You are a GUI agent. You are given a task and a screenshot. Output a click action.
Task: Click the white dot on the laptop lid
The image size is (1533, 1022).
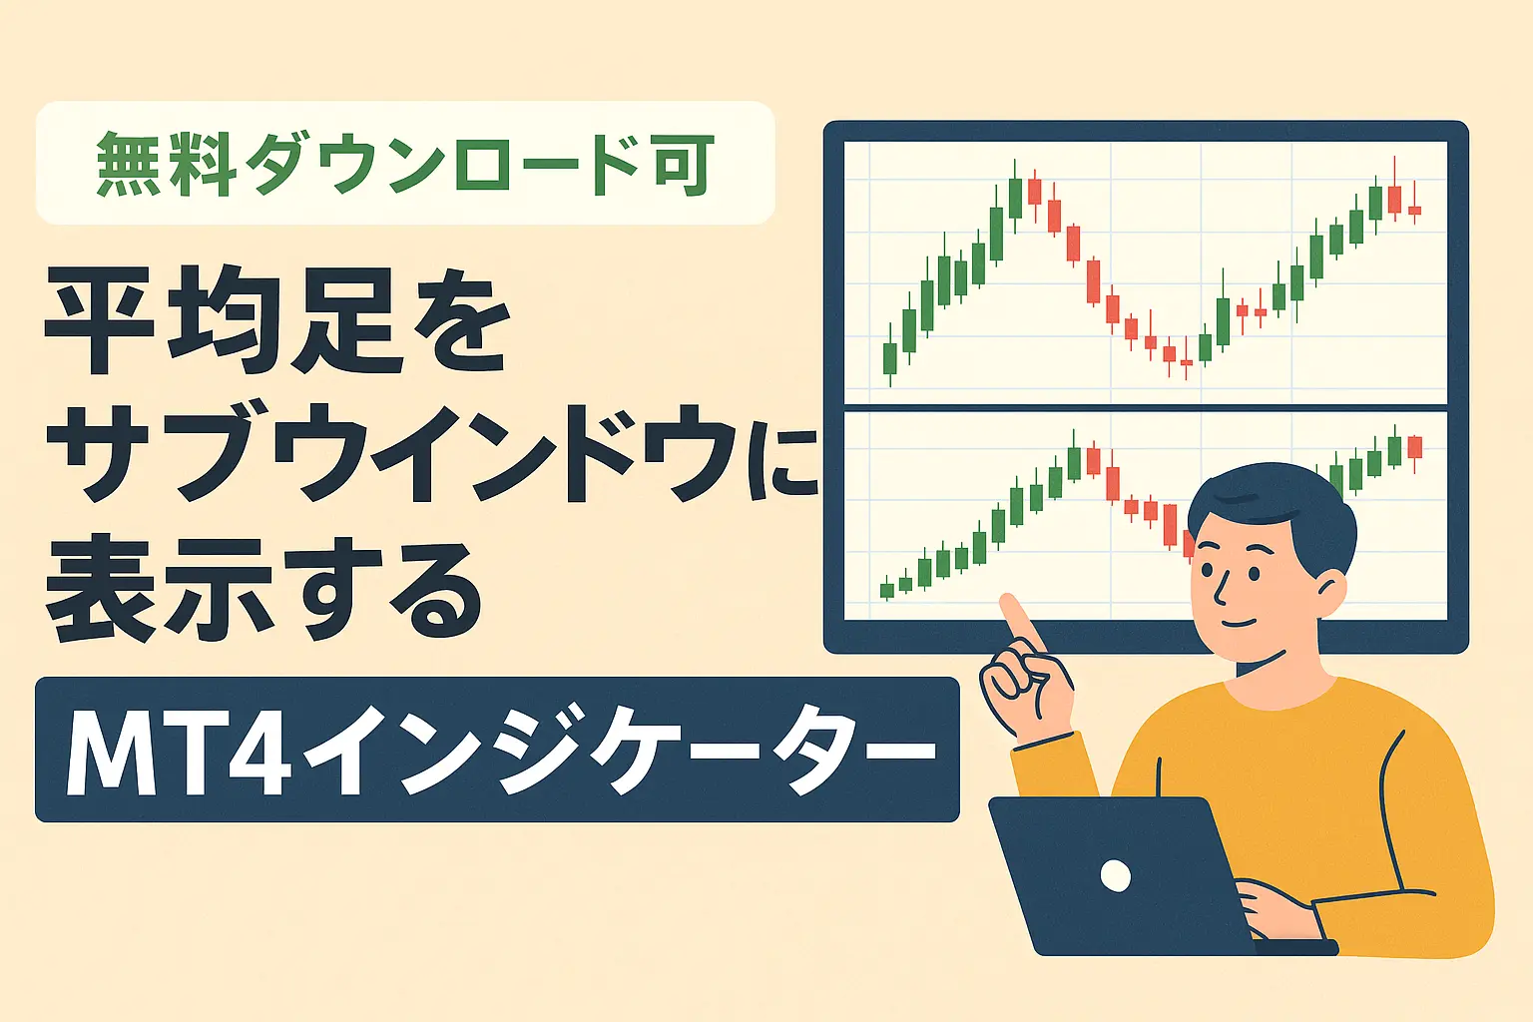pyautogui.click(x=1115, y=876)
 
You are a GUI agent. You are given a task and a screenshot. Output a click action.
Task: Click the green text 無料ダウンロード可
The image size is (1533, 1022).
pyautogui.click(x=405, y=164)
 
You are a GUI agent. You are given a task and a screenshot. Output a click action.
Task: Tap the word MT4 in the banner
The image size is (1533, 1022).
pyautogui.click(x=180, y=751)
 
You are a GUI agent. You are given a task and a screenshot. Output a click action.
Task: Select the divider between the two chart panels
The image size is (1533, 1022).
pyautogui.click(x=1146, y=408)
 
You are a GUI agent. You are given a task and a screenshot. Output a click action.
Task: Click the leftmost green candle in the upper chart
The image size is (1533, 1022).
pyautogui.click(x=890, y=358)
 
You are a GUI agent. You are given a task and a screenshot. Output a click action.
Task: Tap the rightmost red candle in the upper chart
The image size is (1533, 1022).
pyautogui.click(x=1414, y=210)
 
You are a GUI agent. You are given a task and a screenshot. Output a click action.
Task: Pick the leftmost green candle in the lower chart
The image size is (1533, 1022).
pyautogui.click(x=886, y=590)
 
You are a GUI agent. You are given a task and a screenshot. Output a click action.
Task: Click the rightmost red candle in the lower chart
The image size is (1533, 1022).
pyautogui.click(x=1414, y=446)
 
